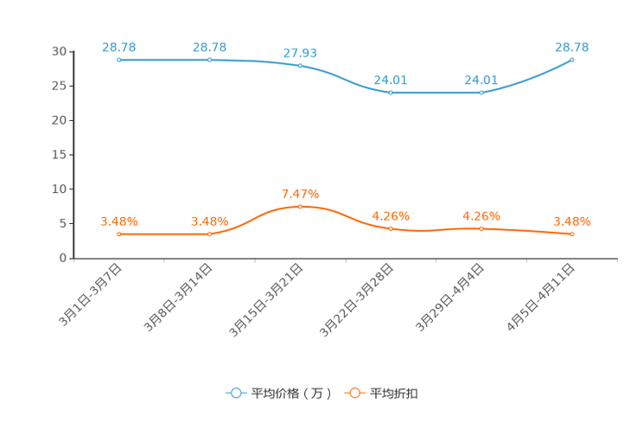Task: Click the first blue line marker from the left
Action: coord(118,60)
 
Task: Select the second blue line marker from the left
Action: coord(210,60)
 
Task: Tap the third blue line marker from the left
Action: coord(300,66)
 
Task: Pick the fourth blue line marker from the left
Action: coord(391,92)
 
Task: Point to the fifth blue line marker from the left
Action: coord(481,92)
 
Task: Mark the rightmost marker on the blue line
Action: coord(572,60)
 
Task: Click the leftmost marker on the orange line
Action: coord(118,234)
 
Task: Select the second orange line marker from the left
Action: coord(210,234)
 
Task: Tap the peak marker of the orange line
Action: coord(300,206)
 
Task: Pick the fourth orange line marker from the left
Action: coord(391,229)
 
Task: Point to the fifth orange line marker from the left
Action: coord(481,229)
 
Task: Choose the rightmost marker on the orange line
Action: coord(572,234)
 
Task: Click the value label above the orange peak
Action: coord(301,193)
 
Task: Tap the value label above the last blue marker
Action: coord(572,47)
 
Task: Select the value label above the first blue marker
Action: coord(118,47)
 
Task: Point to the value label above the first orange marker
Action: coord(118,221)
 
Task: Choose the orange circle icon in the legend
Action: coord(355,394)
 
